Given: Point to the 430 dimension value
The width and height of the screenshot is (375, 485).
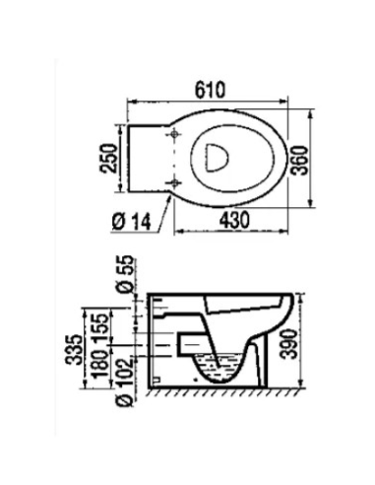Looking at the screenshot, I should click(235, 221).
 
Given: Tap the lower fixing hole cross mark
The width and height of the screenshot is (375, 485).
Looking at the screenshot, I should click(173, 182).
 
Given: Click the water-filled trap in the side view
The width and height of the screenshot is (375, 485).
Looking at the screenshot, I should click(219, 368).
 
